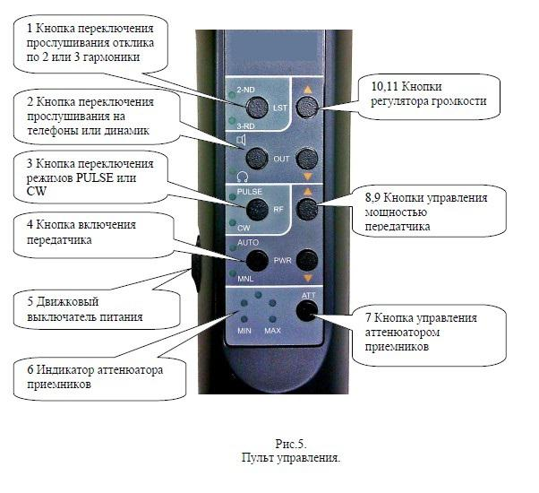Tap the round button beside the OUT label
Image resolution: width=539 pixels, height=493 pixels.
coord(258,159)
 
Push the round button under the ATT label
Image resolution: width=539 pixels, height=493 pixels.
coord(308,310)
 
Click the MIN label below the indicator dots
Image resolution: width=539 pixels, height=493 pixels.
coord(243,332)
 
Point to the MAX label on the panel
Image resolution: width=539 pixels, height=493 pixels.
coord(273,332)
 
